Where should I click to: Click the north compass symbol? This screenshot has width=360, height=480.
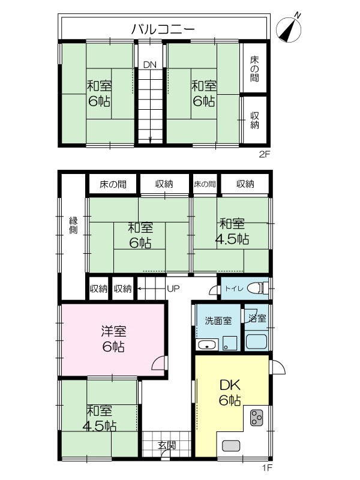click(x=289, y=28)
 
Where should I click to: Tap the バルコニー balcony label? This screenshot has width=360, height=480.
click(x=163, y=29)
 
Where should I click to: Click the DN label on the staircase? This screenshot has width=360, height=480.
click(x=149, y=65)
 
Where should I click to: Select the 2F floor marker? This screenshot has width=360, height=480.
click(x=265, y=154)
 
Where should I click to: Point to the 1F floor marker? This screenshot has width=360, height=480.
click(x=266, y=467)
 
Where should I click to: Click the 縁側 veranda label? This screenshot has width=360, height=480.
click(x=73, y=225)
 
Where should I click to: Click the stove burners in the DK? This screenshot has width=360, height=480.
click(x=257, y=418)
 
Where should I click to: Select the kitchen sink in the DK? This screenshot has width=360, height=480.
click(x=231, y=445)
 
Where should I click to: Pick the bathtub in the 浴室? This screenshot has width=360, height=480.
click(x=257, y=342)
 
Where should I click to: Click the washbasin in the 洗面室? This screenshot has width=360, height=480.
click(x=208, y=344)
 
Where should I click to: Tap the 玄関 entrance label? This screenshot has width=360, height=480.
click(x=167, y=445)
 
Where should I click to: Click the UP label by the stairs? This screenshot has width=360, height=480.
click(x=173, y=289)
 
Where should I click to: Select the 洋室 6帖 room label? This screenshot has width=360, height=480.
click(x=113, y=339)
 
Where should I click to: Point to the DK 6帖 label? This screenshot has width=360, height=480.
click(x=230, y=392)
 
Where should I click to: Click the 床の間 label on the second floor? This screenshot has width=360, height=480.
click(x=254, y=69)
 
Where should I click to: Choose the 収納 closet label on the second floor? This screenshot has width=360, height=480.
click(x=254, y=120)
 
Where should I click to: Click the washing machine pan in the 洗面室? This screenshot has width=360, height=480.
click(x=230, y=343)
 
